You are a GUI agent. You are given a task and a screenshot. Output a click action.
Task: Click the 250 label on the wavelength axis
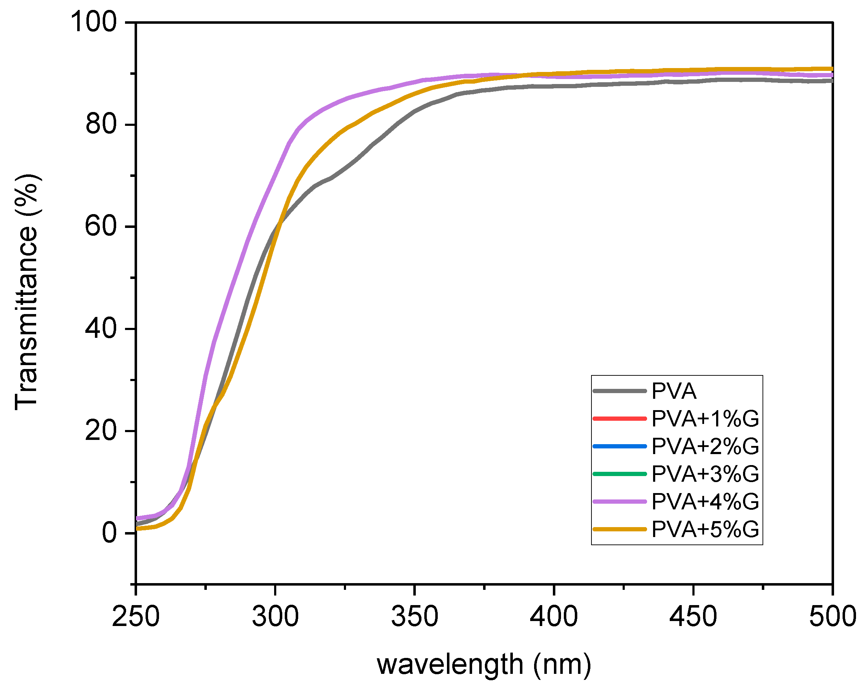tap(136, 616)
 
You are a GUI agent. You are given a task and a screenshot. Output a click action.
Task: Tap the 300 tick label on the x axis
tap(275, 616)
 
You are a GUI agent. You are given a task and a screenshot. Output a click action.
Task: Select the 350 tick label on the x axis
tap(415, 616)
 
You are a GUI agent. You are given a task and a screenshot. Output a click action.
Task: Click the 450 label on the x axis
tap(693, 616)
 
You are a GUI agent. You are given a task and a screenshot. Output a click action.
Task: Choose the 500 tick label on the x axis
tap(832, 616)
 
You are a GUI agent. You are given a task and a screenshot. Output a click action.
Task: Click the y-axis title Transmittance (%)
tap(27, 292)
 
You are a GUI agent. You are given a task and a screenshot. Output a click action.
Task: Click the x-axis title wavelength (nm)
tap(484, 665)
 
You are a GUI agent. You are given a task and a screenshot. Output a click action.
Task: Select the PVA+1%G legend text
tap(705, 419)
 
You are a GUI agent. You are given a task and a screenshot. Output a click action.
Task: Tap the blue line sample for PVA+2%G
tap(619, 446)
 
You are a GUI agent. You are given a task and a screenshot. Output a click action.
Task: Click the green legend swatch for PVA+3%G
tap(619, 474)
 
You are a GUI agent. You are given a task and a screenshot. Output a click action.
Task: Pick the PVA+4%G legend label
tap(705, 502)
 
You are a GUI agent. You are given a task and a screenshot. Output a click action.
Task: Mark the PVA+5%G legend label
tap(705, 529)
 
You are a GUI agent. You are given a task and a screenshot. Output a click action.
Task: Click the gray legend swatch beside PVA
tap(619, 391)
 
